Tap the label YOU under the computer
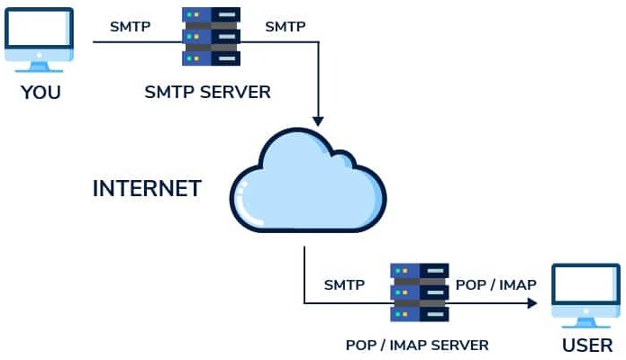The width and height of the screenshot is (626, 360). [x=41, y=92]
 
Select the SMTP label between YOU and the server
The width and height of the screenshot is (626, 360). [x=131, y=26]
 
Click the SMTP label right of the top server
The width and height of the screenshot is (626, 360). [x=285, y=26]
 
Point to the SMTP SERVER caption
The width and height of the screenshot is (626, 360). [x=207, y=92]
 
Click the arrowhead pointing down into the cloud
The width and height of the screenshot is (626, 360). [x=317, y=119]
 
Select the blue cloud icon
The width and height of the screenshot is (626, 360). [x=308, y=184]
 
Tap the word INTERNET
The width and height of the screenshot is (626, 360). [x=147, y=189]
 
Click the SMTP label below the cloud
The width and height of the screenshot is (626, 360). [x=344, y=285]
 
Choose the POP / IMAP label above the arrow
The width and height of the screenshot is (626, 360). [x=496, y=285]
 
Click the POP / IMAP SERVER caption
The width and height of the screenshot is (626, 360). [x=417, y=345]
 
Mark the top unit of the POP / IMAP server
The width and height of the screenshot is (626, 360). [x=419, y=272]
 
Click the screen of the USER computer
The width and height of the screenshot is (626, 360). [x=586, y=287]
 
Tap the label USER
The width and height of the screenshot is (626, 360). [x=587, y=346]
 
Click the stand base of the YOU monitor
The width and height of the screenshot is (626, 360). [x=40, y=68]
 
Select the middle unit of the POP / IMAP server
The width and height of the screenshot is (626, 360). [x=419, y=292]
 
